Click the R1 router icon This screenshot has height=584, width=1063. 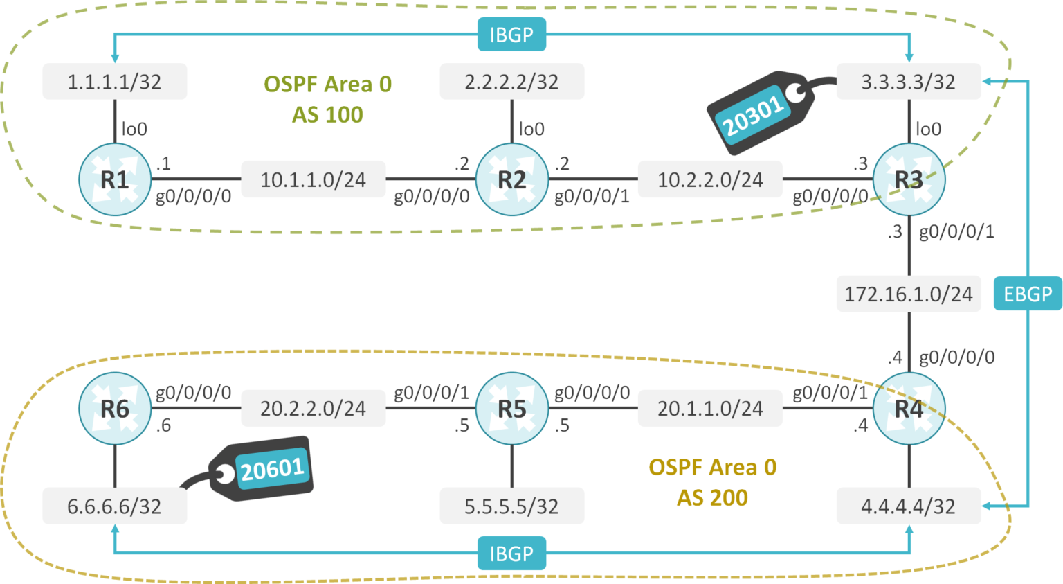115,179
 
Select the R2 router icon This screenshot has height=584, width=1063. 512,179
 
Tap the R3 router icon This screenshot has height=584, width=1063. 909,179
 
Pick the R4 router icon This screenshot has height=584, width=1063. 909,409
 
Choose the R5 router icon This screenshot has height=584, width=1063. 512,409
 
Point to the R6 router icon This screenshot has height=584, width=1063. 115,409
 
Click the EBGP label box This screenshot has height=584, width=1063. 1028,294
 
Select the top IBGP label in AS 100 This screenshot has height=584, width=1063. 511,35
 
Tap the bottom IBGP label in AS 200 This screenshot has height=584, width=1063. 511,554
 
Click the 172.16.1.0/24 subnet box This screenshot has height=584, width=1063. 908,294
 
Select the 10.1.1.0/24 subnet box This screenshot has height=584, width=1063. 313,179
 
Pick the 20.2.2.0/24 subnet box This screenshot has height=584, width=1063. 313,409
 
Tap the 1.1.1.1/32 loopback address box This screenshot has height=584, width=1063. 114,82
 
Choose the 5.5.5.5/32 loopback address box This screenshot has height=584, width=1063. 511,506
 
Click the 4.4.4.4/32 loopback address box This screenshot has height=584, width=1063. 908,506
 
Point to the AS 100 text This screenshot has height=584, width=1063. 327,114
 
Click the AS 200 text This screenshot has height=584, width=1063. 712,497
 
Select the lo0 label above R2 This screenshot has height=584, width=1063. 531,129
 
